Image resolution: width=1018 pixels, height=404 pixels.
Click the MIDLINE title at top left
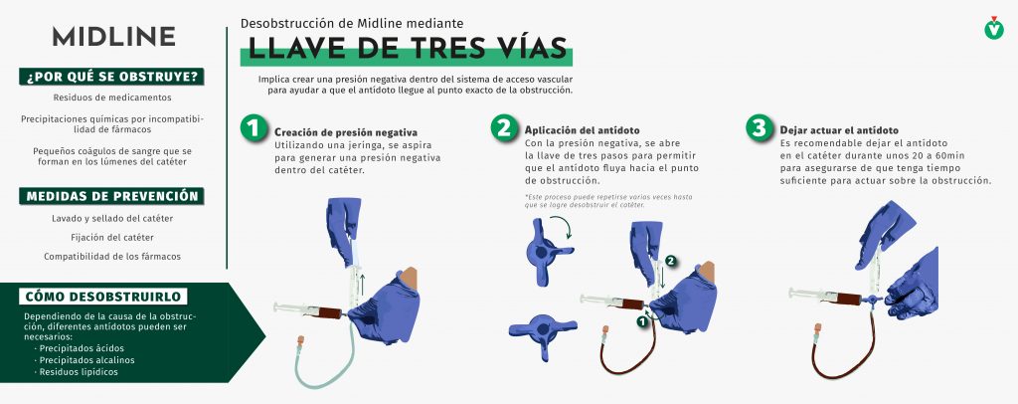113,37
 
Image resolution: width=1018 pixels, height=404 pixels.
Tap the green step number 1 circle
254,127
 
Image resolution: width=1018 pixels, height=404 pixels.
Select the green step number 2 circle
504,127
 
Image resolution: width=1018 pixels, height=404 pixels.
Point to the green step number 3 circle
759,127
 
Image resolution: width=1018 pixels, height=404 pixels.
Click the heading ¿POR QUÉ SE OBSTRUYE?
111,77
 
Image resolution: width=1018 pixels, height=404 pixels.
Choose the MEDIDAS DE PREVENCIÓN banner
111,196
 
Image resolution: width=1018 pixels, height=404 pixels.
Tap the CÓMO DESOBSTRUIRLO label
103,297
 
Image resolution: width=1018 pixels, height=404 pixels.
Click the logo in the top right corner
993,28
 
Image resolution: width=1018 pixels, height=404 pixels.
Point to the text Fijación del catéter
112,238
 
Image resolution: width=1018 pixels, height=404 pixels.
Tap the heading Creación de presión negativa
346,132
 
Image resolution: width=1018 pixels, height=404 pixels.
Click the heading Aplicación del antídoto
583,130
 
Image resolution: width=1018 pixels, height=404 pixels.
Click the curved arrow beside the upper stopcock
563,227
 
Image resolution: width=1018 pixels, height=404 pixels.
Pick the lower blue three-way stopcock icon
543,332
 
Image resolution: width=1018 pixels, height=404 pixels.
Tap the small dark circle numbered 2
671,261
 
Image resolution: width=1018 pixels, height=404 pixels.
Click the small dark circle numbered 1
641,321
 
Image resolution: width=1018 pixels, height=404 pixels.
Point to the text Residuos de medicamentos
112,98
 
